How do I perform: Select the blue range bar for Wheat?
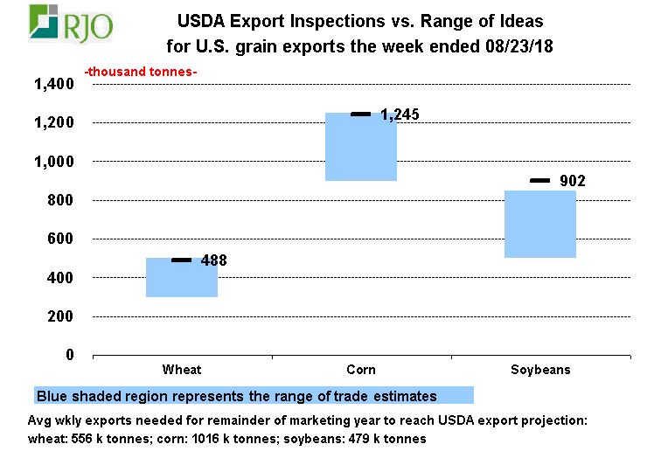click(x=182, y=278)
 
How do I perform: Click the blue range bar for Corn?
click(x=361, y=148)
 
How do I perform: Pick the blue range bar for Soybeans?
click(x=540, y=224)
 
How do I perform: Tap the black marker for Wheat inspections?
click(x=182, y=260)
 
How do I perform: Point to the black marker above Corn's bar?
click(x=361, y=114)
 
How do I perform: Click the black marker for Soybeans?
click(x=540, y=180)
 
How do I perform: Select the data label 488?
click(x=214, y=260)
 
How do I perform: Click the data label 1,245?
click(x=400, y=114)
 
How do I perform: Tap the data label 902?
click(x=572, y=182)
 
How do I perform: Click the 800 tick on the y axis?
click(x=61, y=201)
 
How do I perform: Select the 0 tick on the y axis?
click(x=70, y=355)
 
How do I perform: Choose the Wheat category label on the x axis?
click(x=182, y=370)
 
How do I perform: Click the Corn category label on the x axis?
click(x=361, y=370)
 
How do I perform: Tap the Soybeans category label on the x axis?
click(x=540, y=370)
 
